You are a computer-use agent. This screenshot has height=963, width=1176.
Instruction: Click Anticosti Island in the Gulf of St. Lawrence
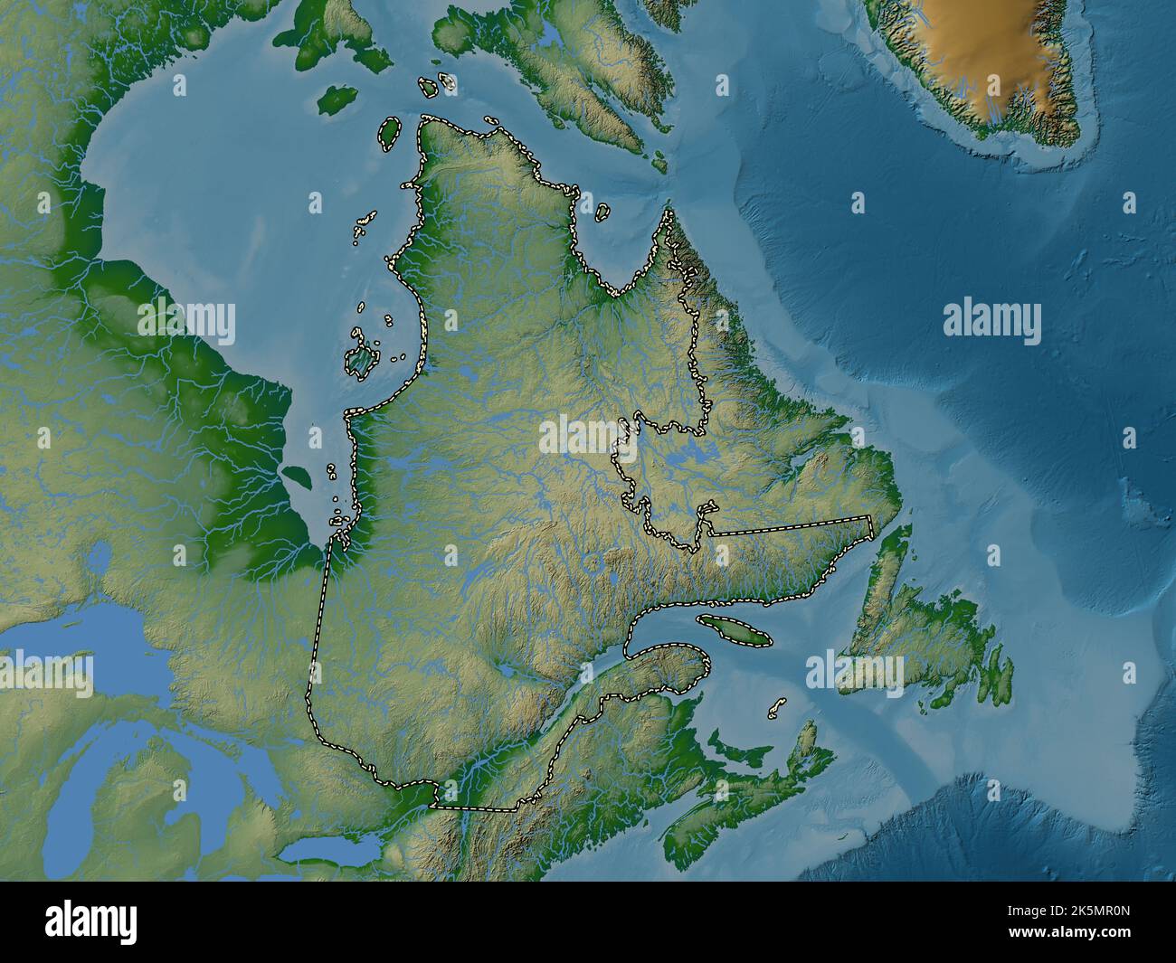pos(733,629)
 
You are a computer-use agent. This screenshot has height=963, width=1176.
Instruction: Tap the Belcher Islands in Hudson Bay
pos(359,360)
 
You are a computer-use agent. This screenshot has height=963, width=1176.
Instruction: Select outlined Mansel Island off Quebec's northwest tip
pos(389,133)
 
